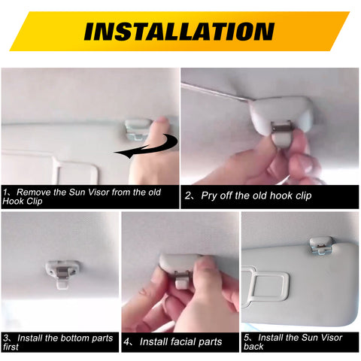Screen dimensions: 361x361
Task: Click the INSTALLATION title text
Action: [x=179, y=31]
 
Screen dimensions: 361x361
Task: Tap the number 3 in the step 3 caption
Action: [x=6, y=338]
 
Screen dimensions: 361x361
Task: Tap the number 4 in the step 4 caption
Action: [x=127, y=341]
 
